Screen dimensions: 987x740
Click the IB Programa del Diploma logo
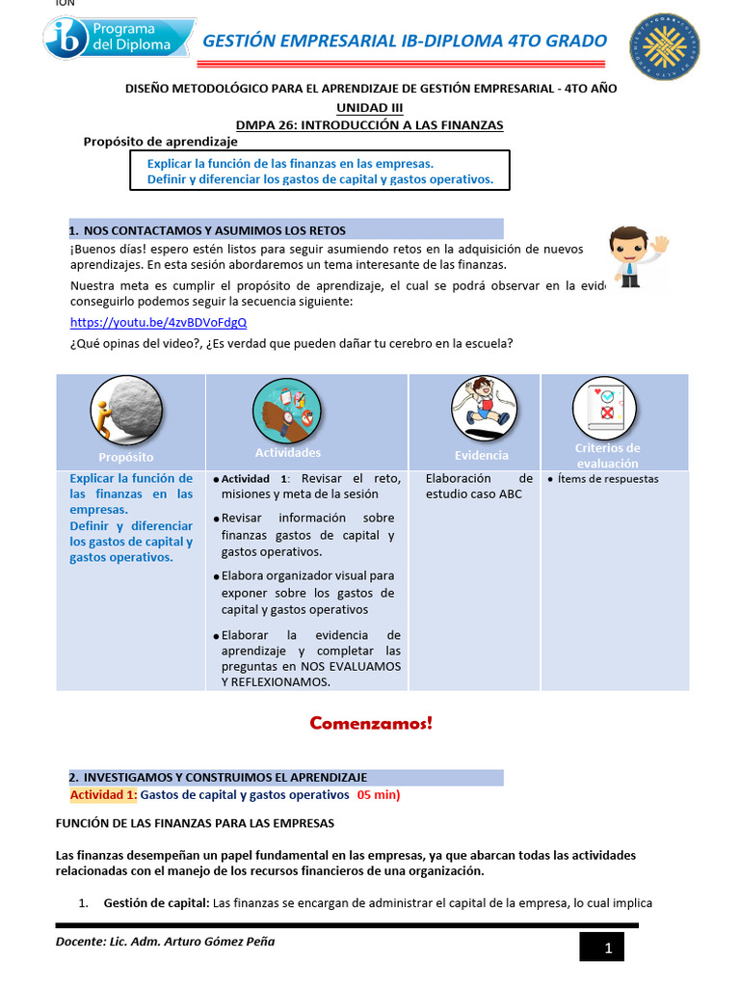pos(119,40)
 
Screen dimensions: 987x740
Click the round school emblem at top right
pos(665,47)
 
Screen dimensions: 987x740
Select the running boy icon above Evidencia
pos(479,405)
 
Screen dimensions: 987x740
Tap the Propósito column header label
pos(125,457)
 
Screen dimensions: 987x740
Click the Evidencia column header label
pos(482,455)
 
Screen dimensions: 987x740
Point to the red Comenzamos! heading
pos(371,723)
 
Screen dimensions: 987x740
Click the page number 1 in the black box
pos(608,948)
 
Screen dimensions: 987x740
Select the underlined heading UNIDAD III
pos(370,107)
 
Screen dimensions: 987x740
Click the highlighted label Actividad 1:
pos(104,795)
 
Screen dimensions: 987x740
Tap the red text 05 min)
pos(378,795)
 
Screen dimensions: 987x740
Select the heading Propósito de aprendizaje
pos(160,142)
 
